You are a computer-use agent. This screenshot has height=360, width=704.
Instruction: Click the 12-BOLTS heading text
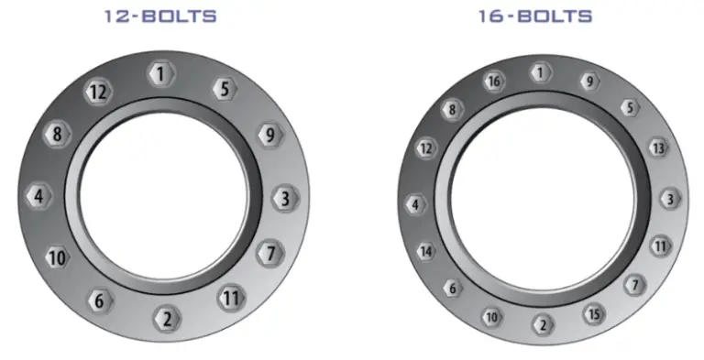click(x=160, y=16)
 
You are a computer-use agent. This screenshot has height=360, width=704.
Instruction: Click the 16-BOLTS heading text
click(x=535, y=16)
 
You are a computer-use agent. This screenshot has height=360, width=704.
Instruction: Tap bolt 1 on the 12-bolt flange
click(x=161, y=74)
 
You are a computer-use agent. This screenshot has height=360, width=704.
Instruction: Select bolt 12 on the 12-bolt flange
click(x=97, y=92)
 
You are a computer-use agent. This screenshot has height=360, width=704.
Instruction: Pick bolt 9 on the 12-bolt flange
click(x=268, y=136)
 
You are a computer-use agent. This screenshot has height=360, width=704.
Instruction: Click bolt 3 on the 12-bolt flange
click(x=285, y=198)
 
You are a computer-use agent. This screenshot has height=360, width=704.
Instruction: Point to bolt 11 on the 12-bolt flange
click(x=231, y=298)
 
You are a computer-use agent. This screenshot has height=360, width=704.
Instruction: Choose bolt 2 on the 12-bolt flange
click(x=166, y=320)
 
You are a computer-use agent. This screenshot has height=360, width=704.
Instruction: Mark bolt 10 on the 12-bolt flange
click(x=57, y=258)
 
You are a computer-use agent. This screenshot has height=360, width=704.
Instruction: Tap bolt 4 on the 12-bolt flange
click(x=38, y=196)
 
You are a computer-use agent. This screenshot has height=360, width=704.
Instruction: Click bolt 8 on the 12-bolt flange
click(x=57, y=135)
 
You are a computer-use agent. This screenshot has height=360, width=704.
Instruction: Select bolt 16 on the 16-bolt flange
click(x=494, y=82)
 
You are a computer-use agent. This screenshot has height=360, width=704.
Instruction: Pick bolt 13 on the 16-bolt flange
click(x=657, y=147)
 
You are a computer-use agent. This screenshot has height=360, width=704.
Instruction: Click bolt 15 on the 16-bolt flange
click(x=594, y=315)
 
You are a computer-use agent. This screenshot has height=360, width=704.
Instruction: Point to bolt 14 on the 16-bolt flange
click(x=426, y=251)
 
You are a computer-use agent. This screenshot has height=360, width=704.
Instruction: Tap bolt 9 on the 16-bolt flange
click(x=589, y=82)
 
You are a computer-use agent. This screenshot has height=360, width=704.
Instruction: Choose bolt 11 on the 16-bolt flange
click(x=661, y=245)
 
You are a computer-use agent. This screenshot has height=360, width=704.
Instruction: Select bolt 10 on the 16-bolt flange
click(x=492, y=317)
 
